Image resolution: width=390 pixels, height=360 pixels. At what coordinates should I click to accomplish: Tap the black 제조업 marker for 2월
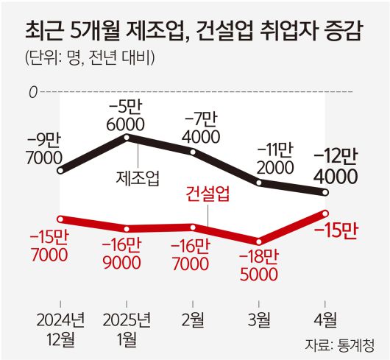click(x=194, y=152)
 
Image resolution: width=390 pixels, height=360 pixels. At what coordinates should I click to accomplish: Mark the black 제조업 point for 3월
click(x=259, y=181)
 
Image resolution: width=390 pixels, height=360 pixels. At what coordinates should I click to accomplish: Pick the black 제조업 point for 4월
click(x=325, y=193)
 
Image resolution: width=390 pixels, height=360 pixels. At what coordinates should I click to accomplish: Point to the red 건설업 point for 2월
click(x=194, y=227)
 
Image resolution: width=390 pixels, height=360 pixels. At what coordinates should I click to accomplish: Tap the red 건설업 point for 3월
click(x=259, y=241)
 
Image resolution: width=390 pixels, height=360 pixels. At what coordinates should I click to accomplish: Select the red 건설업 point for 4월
click(x=325, y=213)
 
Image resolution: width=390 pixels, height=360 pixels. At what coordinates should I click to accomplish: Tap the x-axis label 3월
click(x=259, y=320)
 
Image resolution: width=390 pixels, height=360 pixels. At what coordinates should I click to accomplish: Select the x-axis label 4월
click(x=325, y=320)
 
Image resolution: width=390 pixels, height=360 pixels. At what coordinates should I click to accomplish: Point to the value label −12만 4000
click(x=336, y=166)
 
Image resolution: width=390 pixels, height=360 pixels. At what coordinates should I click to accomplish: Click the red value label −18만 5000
click(x=258, y=266)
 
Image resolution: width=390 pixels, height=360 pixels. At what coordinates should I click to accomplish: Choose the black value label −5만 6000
click(x=126, y=114)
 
